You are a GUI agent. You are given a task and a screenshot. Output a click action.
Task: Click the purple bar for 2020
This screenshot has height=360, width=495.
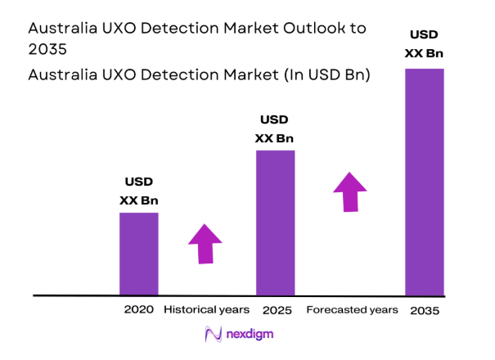tap(139, 254)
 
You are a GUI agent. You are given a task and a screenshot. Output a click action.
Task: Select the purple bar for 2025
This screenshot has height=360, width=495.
tap(275, 223)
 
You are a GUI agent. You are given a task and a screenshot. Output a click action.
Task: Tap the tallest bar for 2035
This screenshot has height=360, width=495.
tap(425, 182)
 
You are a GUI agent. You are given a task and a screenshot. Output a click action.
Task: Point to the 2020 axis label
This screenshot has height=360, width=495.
tap(139, 310)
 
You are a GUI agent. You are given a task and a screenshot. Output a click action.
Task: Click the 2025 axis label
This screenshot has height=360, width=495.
tap(276, 311)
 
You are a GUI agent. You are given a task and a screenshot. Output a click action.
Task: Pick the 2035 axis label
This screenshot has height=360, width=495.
tap(425, 311)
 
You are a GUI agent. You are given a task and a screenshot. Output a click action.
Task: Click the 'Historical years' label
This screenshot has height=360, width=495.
tap(206, 310)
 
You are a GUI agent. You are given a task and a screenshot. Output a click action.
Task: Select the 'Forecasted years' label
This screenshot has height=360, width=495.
tap(352, 310)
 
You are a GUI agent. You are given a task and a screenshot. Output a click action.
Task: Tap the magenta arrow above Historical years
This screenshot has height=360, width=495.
tap(205, 243)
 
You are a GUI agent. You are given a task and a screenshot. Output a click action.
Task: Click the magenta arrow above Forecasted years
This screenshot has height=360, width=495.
tap(350, 192)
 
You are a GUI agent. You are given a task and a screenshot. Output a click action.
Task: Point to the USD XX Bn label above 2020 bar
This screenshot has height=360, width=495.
tap(139, 191)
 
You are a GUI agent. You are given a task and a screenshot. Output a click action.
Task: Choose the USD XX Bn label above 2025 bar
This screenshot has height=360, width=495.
tap(275, 128)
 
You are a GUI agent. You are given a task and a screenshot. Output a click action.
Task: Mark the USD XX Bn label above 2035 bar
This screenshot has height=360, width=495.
tap(424, 43)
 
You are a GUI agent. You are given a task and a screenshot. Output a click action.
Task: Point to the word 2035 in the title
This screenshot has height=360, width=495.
tap(47, 49)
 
